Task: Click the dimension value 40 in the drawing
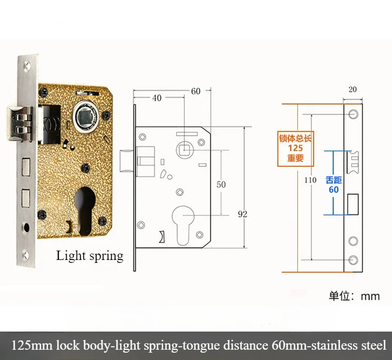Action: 157,98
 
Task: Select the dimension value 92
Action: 243,214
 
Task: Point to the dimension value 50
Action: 221,184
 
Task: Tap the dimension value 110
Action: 310,180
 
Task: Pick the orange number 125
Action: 295,148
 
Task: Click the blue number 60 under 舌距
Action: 333,189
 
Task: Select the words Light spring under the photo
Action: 90,256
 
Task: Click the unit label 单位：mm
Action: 354,297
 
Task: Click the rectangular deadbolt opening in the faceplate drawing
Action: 353,204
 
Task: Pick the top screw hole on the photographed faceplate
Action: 26,64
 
